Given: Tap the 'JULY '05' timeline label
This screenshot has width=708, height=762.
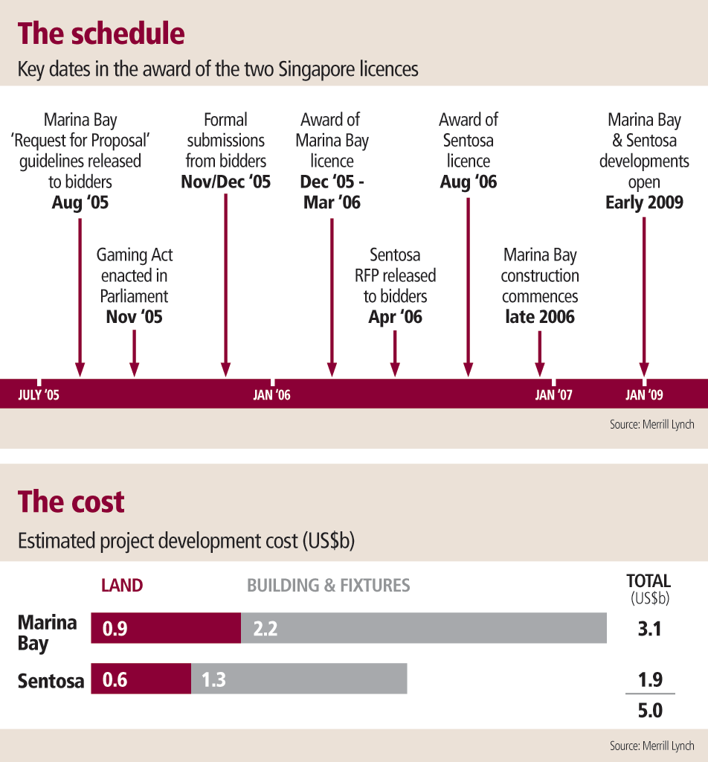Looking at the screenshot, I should pyautogui.click(x=39, y=395).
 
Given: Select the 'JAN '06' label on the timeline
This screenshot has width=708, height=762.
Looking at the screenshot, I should pyautogui.click(x=271, y=395).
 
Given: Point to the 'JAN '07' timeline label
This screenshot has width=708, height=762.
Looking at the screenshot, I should pyautogui.click(x=554, y=395).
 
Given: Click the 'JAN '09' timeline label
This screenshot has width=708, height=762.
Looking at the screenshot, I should pyautogui.click(x=645, y=395).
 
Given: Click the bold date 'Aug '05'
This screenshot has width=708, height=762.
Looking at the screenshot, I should pyautogui.click(x=80, y=202).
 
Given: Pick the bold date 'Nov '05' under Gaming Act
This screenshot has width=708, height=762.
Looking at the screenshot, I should pyautogui.click(x=134, y=317).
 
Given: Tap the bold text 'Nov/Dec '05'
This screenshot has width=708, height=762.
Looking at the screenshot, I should pyautogui.click(x=226, y=182).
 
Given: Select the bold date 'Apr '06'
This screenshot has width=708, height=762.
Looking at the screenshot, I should pyautogui.click(x=395, y=317).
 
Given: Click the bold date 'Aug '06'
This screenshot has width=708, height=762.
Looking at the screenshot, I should pyautogui.click(x=469, y=182).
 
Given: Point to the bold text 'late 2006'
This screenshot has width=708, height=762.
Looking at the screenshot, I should pyautogui.click(x=540, y=317).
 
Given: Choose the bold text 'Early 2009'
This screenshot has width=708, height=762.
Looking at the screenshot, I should pyautogui.click(x=644, y=202).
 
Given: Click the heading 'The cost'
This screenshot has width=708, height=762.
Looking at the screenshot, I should pyautogui.click(x=71, y=502).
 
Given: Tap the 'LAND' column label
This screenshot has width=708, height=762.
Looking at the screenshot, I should pyautogui.click(x=122, y=586).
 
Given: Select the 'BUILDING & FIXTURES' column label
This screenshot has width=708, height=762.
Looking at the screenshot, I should pyautogui.click(x=328, y=586).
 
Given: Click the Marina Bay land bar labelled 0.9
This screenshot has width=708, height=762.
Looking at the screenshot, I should pyautogui.click(x=166, y=629).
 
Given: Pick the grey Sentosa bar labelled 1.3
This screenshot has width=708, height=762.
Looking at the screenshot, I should pyautogui.click(x=299, y=679).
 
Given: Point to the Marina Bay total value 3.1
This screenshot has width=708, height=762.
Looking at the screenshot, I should pyautogui.click(x=649, y=630).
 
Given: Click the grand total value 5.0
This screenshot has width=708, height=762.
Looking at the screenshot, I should pyautogui.click(x=649, y=711).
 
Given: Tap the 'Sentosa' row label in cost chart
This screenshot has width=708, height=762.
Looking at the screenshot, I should pyautogui.click(x=51, y=680).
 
